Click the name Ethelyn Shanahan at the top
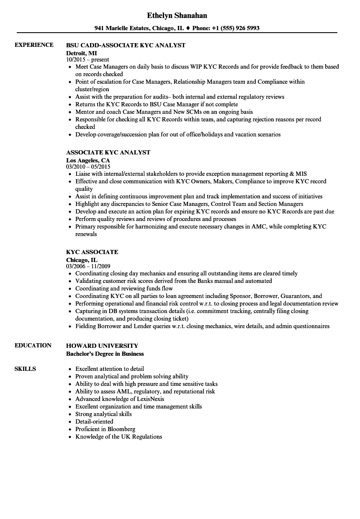point(177,15)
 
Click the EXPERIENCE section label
point(34,45)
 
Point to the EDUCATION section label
point(33,345)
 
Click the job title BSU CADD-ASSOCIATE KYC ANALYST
point(126,45)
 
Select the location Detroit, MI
point(81,53)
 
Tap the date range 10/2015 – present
point(87,59)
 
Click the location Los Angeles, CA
point(88,160)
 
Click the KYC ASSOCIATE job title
point(92,252)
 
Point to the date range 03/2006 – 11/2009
point(88,266)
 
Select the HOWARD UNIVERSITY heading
point(102,346)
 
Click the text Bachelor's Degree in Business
point(105,354)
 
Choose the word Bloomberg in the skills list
point(121,429)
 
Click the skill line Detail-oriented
point(94,421)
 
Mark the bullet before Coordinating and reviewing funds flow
point(69,289)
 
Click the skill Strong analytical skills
point(103,414)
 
